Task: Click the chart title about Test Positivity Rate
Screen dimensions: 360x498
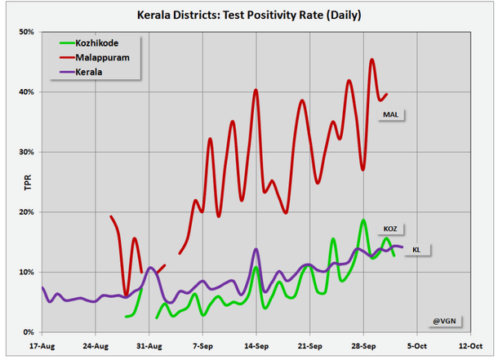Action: point(248,16)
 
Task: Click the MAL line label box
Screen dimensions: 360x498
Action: point(392,115)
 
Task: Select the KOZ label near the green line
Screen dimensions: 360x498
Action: point(390,229)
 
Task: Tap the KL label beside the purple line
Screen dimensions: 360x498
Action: point(416,249)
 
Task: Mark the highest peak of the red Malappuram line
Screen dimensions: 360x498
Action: point(372,59)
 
